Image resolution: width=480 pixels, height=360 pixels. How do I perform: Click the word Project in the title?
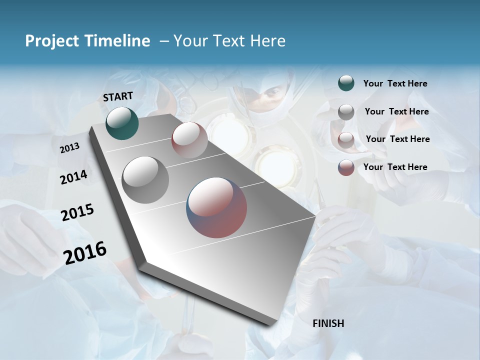pyautogui.click(x=51, y=41)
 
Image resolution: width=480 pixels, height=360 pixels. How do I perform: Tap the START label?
pyautogui.click(x=118, y=96)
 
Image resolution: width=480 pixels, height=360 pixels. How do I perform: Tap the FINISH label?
pyautogui.click(x=328, y=323)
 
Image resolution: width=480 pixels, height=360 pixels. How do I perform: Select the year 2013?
pyautogui.click(x=69, y=148)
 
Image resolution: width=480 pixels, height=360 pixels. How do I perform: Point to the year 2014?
pyautogui.click(x=73, y=177)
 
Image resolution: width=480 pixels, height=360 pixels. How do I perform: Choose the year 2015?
pyautogui.click(x=77, y=212)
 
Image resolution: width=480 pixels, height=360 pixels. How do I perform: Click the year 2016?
pyautogui.click(x=85, y=252)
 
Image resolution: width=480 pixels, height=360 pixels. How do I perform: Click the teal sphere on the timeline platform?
pyautogui.click(x=122, y=123)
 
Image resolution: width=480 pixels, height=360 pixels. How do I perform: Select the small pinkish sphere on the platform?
pyautogui.click(x=189, y=140)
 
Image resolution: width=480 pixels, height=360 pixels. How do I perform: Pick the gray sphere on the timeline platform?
pyautogui.click(x=145, y=180)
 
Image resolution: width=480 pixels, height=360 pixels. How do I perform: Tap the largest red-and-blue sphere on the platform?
pyautogui.click(x=216, y=207)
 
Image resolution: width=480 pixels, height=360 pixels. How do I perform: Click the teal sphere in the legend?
pyautogui.click(x=346, y=83)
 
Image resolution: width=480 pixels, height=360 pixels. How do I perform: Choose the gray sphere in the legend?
pyautogui.click(x=346, y=112)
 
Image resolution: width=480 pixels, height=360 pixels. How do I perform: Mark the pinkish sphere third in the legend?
pyautogui.click(x=346, y=140)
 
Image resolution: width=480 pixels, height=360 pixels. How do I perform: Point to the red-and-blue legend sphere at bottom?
pyautogui.click(x=346, y=167)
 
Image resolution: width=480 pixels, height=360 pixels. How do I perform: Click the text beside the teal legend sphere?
pyautogui.click(x=395, y=83)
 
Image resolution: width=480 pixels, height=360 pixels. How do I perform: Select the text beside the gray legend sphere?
pyautogui.click(x=396, y=111)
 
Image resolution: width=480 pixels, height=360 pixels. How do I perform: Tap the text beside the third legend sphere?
pyautogui.click(x=397, y=139)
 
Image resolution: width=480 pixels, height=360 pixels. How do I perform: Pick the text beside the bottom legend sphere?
pyautogui.click(x=395, y=167)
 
